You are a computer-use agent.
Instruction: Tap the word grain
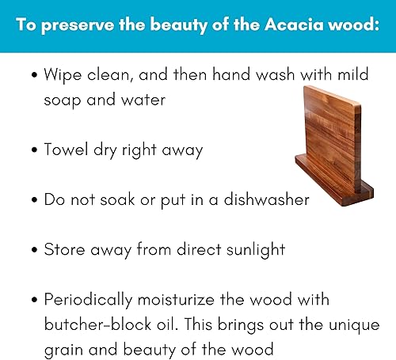pos(63,348)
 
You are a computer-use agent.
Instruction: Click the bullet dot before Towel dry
pos(34,150)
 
